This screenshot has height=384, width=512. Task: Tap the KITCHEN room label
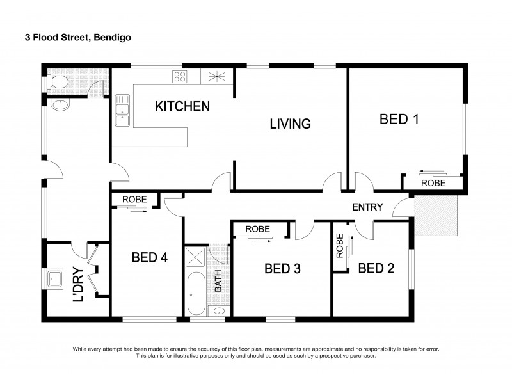182,106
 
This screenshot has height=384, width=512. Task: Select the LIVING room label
289,124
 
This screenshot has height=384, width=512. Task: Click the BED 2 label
376,268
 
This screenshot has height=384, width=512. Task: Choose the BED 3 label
282,268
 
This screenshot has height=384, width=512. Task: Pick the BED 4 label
149,257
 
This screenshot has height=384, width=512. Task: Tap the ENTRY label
367,207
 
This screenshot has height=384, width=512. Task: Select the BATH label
218,280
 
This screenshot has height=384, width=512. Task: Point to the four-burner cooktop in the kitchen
180,77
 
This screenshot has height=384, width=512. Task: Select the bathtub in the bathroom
196,294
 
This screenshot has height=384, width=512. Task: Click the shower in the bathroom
196,258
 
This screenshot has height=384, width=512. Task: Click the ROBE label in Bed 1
433,182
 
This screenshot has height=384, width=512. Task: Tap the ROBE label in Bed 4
134,199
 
